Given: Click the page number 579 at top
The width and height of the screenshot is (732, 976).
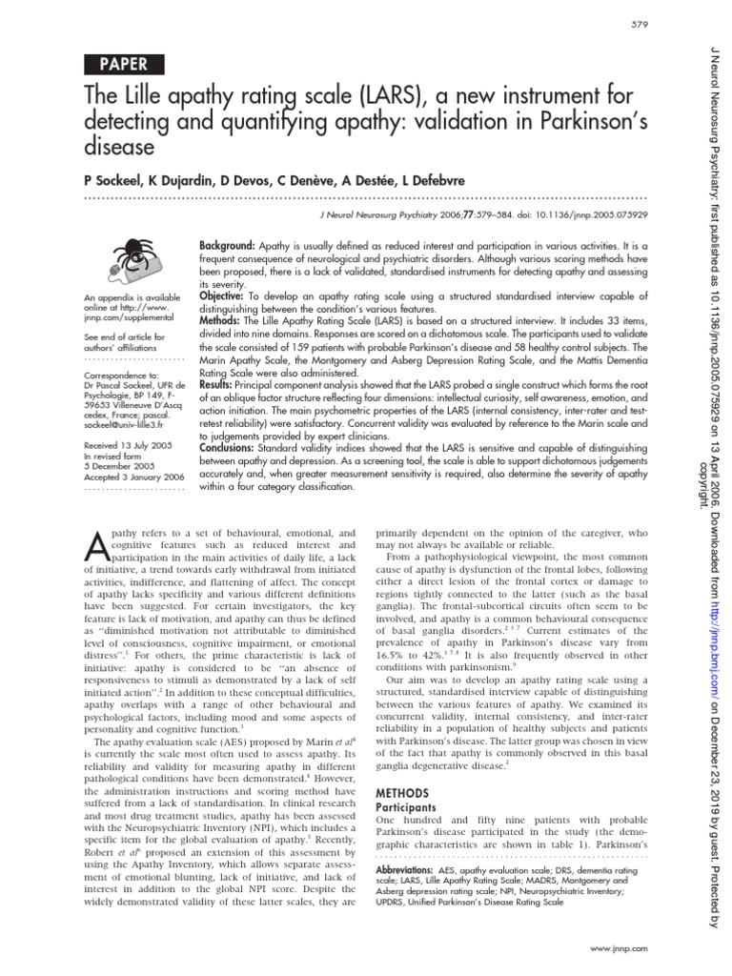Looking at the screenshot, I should tap(641, 24).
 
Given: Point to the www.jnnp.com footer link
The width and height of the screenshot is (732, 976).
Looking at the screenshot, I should tap(620, 951).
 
